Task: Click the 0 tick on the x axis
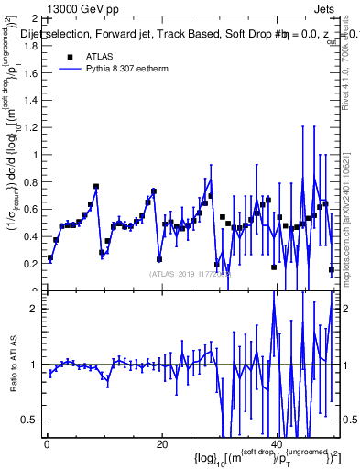tap(47, 444)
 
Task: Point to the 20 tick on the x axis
tap(162, 444)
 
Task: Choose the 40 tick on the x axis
tap(278, 444)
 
